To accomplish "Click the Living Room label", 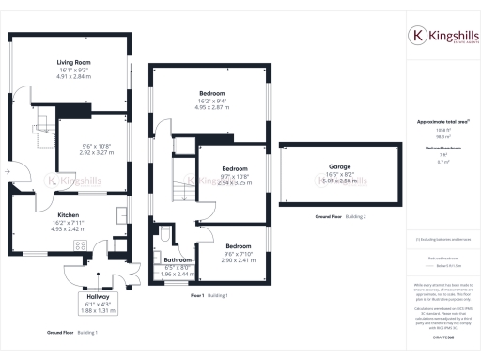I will tap(67, 62).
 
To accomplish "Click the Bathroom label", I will tap(178, 259).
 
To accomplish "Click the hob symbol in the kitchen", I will tap(79, 247).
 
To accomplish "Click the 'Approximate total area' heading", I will tap(437, 123).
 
